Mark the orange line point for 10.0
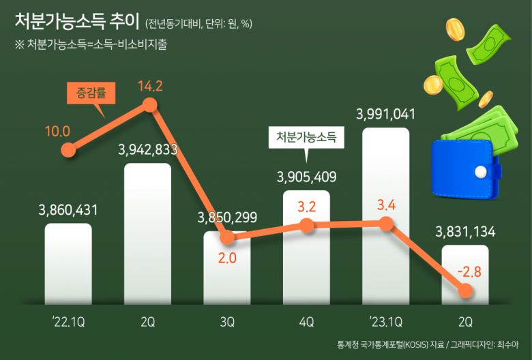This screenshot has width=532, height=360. (x=68, y=150)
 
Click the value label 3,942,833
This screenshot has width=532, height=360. (x=148, y=150)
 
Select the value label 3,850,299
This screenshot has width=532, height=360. (x=227, y=218)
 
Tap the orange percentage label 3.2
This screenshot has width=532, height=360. (x=306, y=205)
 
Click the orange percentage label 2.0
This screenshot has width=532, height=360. (x=227, y=260)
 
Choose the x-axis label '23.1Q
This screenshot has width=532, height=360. (x=385, y=320)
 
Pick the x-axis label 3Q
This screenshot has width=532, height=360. (x=227, y=320)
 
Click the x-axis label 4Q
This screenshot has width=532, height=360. (x=306, y=320)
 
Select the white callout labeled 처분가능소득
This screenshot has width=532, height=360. (x=306, y=136)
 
